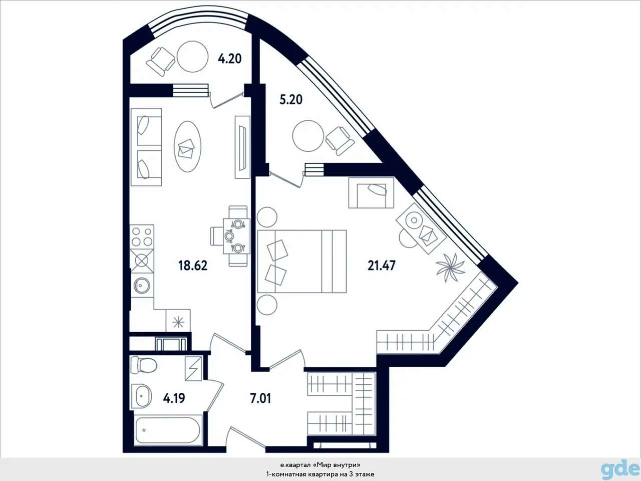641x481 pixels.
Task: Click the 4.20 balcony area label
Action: coord(229,59)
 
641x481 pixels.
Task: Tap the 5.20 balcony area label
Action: coord(291,100)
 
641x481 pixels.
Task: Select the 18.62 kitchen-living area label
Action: coord(193,266)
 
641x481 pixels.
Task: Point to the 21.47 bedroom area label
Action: coord(382,266)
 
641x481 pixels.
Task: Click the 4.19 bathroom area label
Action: coord(174,398)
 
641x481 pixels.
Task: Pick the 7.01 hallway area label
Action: coord(260,398)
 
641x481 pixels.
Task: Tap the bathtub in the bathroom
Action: coord(168,430)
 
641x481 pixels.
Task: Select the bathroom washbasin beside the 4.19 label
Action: coord(142,396)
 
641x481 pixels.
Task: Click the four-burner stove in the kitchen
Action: coord(142,236)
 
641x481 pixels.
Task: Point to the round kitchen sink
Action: coord(142,284)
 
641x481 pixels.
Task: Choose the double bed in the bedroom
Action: coord(302,261)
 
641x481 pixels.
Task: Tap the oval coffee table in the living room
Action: coord(188,146)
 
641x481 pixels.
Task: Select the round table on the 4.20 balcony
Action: coord(193,57)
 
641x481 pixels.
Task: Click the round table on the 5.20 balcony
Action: coord(308,136)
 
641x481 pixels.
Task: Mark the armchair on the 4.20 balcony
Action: coord(161,62)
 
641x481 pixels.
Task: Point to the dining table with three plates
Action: coord(236,236)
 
